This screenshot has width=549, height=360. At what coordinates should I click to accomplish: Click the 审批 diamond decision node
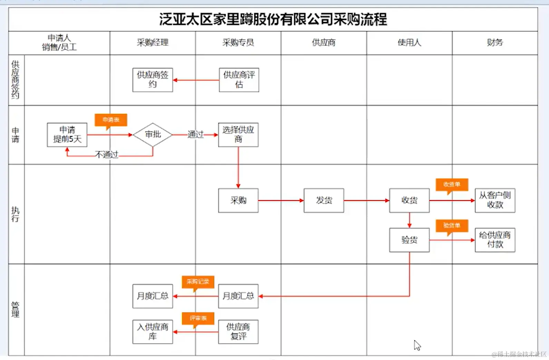click(153, 134)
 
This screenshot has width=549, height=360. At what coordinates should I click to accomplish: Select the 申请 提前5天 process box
click(67, 135)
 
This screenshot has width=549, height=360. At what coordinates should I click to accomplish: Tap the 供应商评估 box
click(239, 80)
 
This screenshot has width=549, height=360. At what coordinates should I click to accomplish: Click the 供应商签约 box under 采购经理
click(153, 80)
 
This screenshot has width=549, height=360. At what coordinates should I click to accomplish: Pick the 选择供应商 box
click(238, 135)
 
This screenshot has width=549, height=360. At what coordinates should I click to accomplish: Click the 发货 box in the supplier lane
click(324, 200)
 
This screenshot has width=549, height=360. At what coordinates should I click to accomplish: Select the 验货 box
click(409, 240)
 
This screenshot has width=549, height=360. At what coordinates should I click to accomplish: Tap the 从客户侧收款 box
click(495, 200)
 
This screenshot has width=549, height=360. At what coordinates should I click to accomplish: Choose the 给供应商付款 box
click(495, 240)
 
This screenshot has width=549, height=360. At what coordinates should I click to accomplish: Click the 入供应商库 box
click(153, 332)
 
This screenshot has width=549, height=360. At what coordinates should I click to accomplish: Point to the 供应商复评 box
click(238, 332)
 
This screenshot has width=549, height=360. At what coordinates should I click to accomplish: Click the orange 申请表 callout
click(111, 120)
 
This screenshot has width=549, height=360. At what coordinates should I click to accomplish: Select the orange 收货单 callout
click(452, 184)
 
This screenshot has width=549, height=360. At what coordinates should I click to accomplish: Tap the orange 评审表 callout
click(198, 318)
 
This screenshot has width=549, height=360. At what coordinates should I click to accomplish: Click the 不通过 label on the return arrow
click(107, 154)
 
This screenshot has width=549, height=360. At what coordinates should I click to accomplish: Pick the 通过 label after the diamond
click(195, 134)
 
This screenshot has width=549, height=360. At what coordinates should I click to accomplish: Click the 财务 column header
click(495, 43)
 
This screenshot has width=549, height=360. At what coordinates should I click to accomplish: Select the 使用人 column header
click(409, 43)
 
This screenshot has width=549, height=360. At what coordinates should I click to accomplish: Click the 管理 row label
click(16, 309)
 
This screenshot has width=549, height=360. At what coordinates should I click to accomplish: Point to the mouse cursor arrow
click(417, 345)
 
